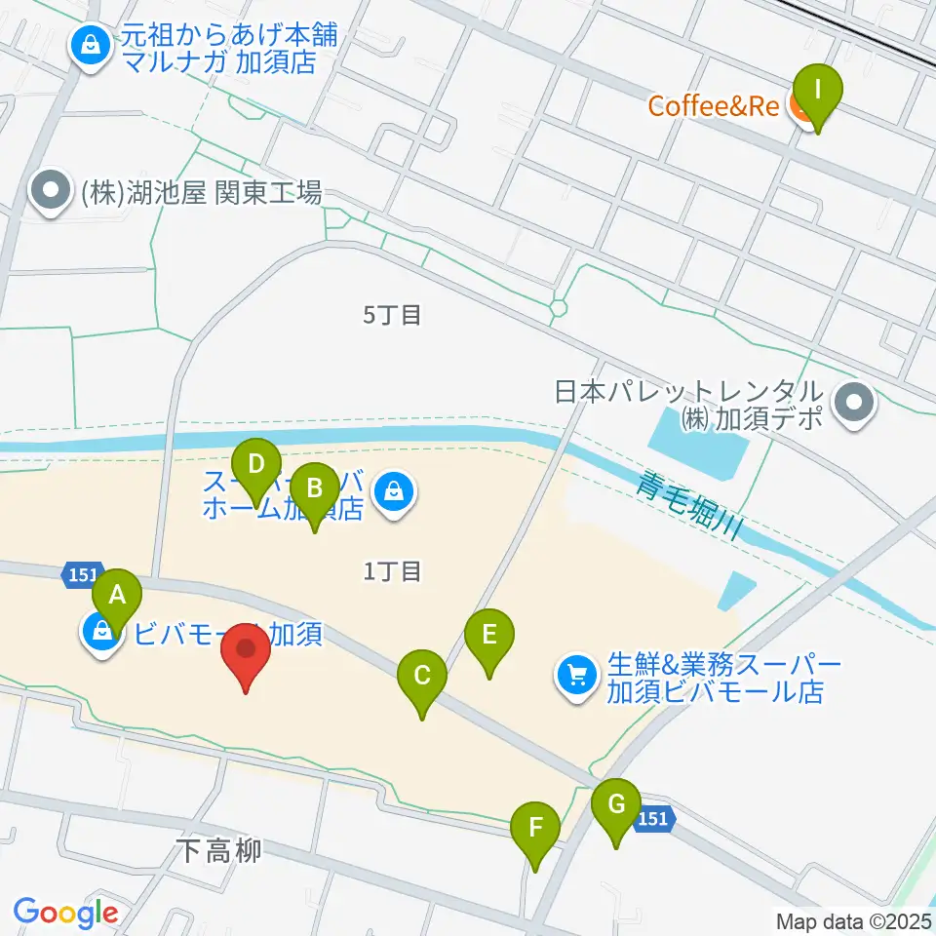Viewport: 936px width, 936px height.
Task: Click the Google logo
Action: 65,914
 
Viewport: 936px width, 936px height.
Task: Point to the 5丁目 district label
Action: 392,315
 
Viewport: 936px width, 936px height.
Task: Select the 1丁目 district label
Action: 392,571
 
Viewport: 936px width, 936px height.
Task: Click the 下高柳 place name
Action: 220,851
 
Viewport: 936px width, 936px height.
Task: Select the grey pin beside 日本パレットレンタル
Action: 856,403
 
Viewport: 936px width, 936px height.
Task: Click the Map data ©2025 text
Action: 854,920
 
